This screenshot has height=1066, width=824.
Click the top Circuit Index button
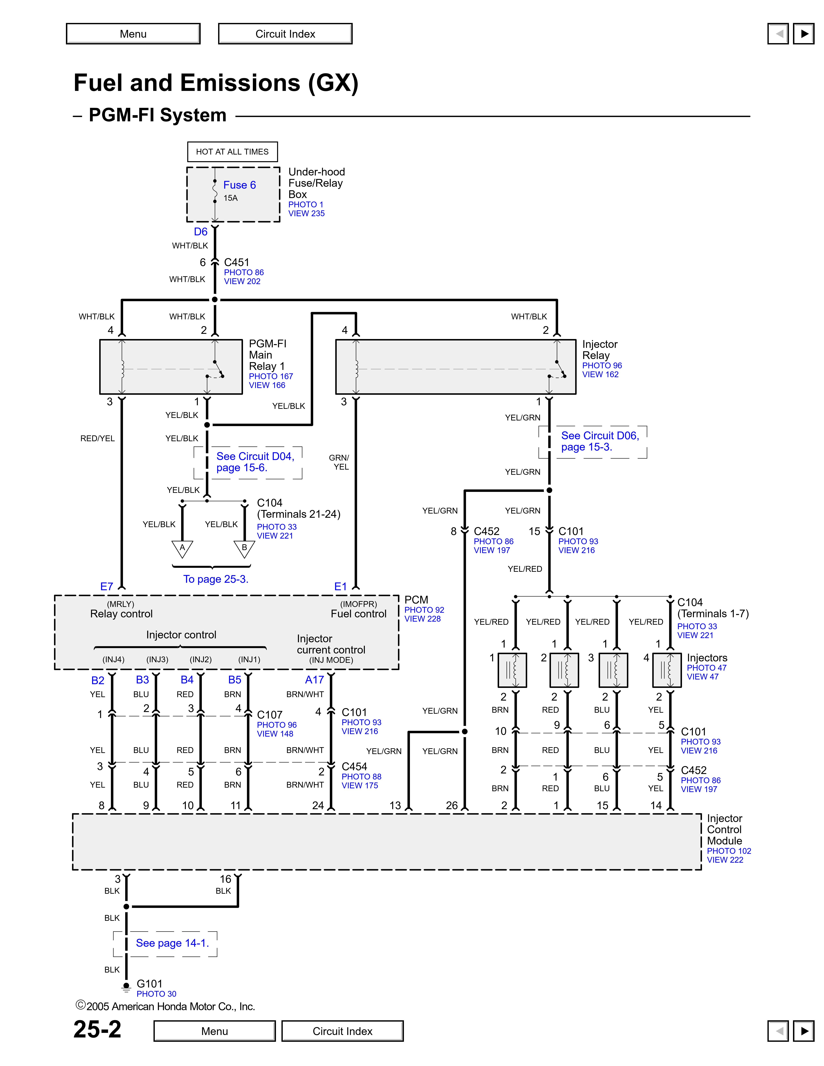coord(285,34)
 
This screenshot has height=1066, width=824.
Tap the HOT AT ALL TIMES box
coord(232,152)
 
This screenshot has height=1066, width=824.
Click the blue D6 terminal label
coord(201,232)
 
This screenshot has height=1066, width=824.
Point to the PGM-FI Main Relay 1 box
coord(171,367)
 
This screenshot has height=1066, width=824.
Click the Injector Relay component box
coord(455,367)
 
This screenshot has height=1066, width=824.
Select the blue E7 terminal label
coord(106,587)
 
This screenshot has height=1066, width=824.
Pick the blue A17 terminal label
coord(314,680)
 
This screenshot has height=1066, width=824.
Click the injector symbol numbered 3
coord(613,670)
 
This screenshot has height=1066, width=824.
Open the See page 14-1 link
coord(172,943)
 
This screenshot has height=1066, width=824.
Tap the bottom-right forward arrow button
coord(803,1031)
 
